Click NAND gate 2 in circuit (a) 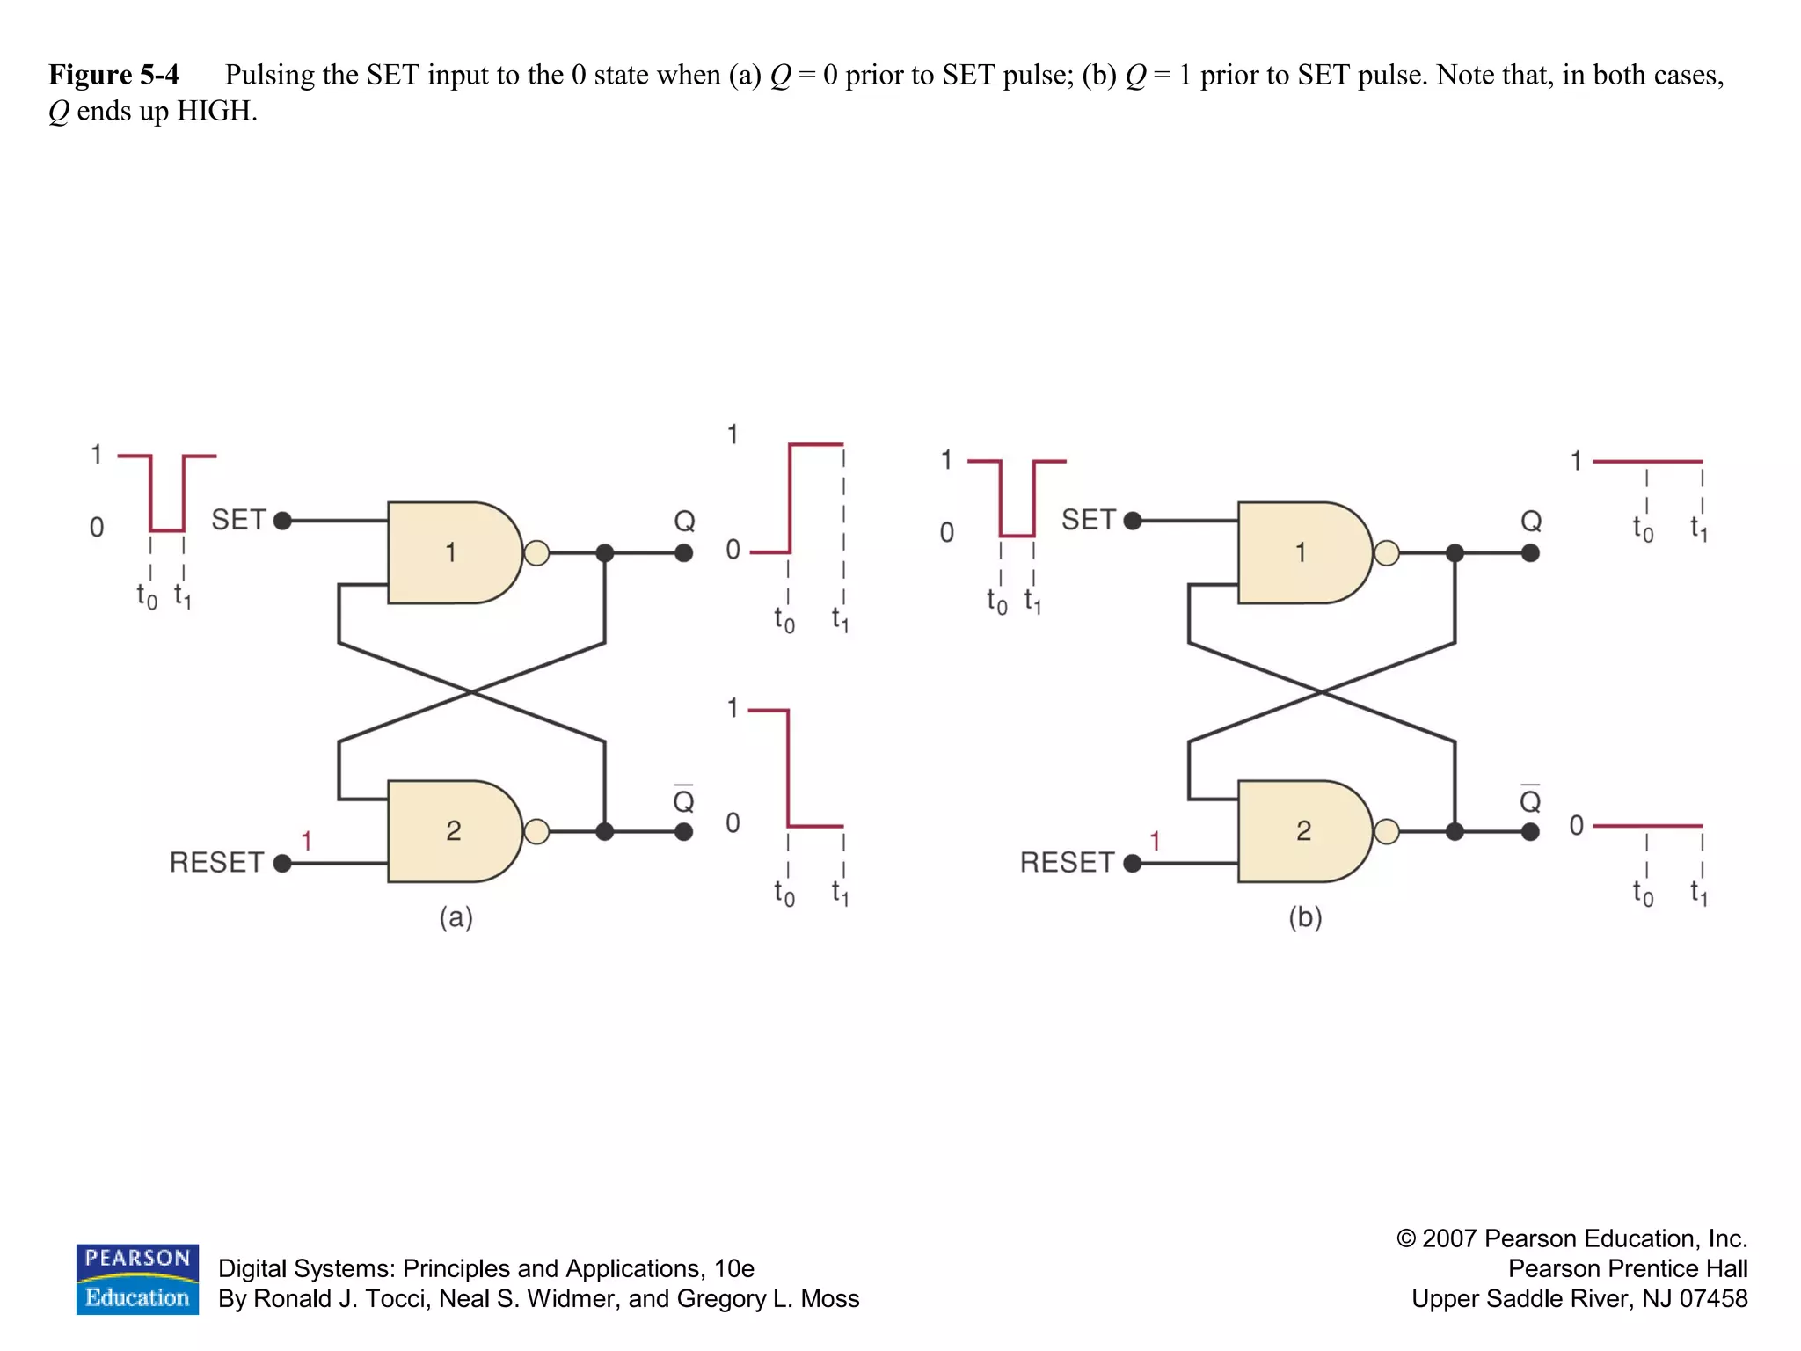[453, 830]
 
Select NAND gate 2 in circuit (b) [1303, 830]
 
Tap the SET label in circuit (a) [238, 520]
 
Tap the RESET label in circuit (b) [1067, 862]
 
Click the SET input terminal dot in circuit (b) [1133, 521]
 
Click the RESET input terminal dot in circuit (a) [282, 863]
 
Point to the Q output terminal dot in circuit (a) [683, 553]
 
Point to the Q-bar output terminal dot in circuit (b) [1530, 831]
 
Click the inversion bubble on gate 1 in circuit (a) [536, 553]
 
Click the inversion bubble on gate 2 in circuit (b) [1387, 831]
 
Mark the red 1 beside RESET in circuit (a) [306, 841]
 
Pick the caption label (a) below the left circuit [456, 917]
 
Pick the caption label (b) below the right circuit [1305, 917]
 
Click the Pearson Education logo [137, 1279]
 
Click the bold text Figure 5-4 [113, 75]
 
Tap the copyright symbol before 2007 [1406, 1238]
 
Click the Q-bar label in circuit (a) [683, 799]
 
